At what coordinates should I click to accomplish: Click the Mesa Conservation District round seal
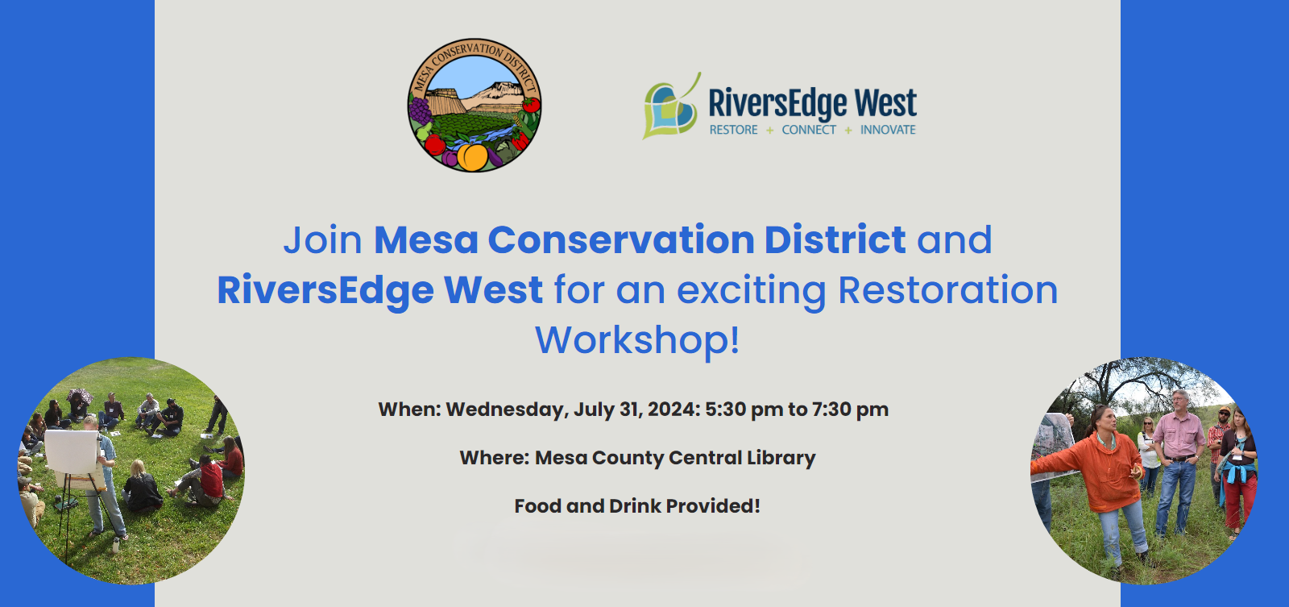tap(475, 105)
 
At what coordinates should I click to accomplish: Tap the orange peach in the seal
tap(472, 156)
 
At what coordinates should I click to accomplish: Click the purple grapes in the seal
tap(420, 110)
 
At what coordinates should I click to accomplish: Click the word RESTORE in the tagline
tap(733, 130)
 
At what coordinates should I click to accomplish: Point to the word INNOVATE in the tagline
tap(888, 130)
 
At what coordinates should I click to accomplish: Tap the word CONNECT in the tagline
tap(809, 130)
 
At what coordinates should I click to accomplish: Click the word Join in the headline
tap(322, 241)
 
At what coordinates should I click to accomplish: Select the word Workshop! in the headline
tap(637, 340)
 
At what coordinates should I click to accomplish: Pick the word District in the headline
tap(835, 239)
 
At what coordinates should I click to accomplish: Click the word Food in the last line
tap(537, 506)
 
